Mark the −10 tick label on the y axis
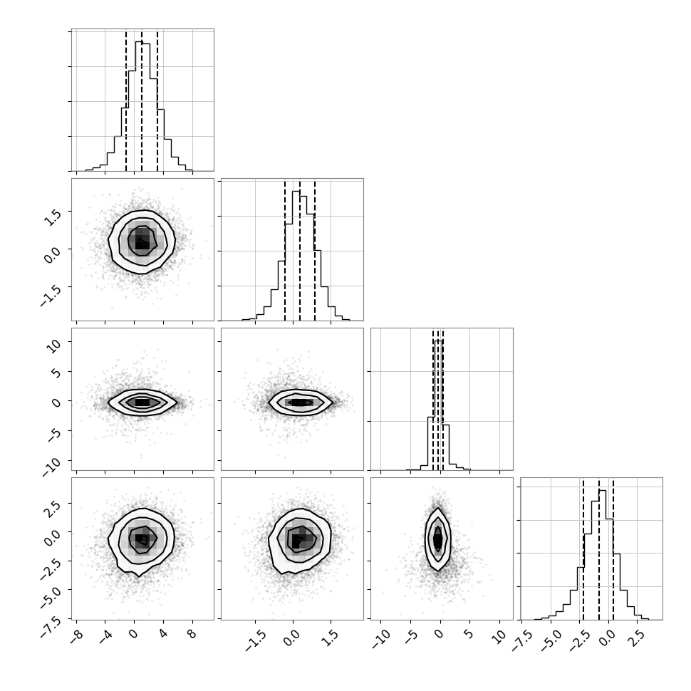(52, 464)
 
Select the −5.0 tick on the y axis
(51, 592)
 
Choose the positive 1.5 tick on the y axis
(53, 215)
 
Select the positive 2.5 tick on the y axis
(53, 506)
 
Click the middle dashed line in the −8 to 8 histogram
(142, 101)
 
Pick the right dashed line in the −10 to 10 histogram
(443, 400)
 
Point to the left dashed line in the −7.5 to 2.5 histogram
(583, 550)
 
